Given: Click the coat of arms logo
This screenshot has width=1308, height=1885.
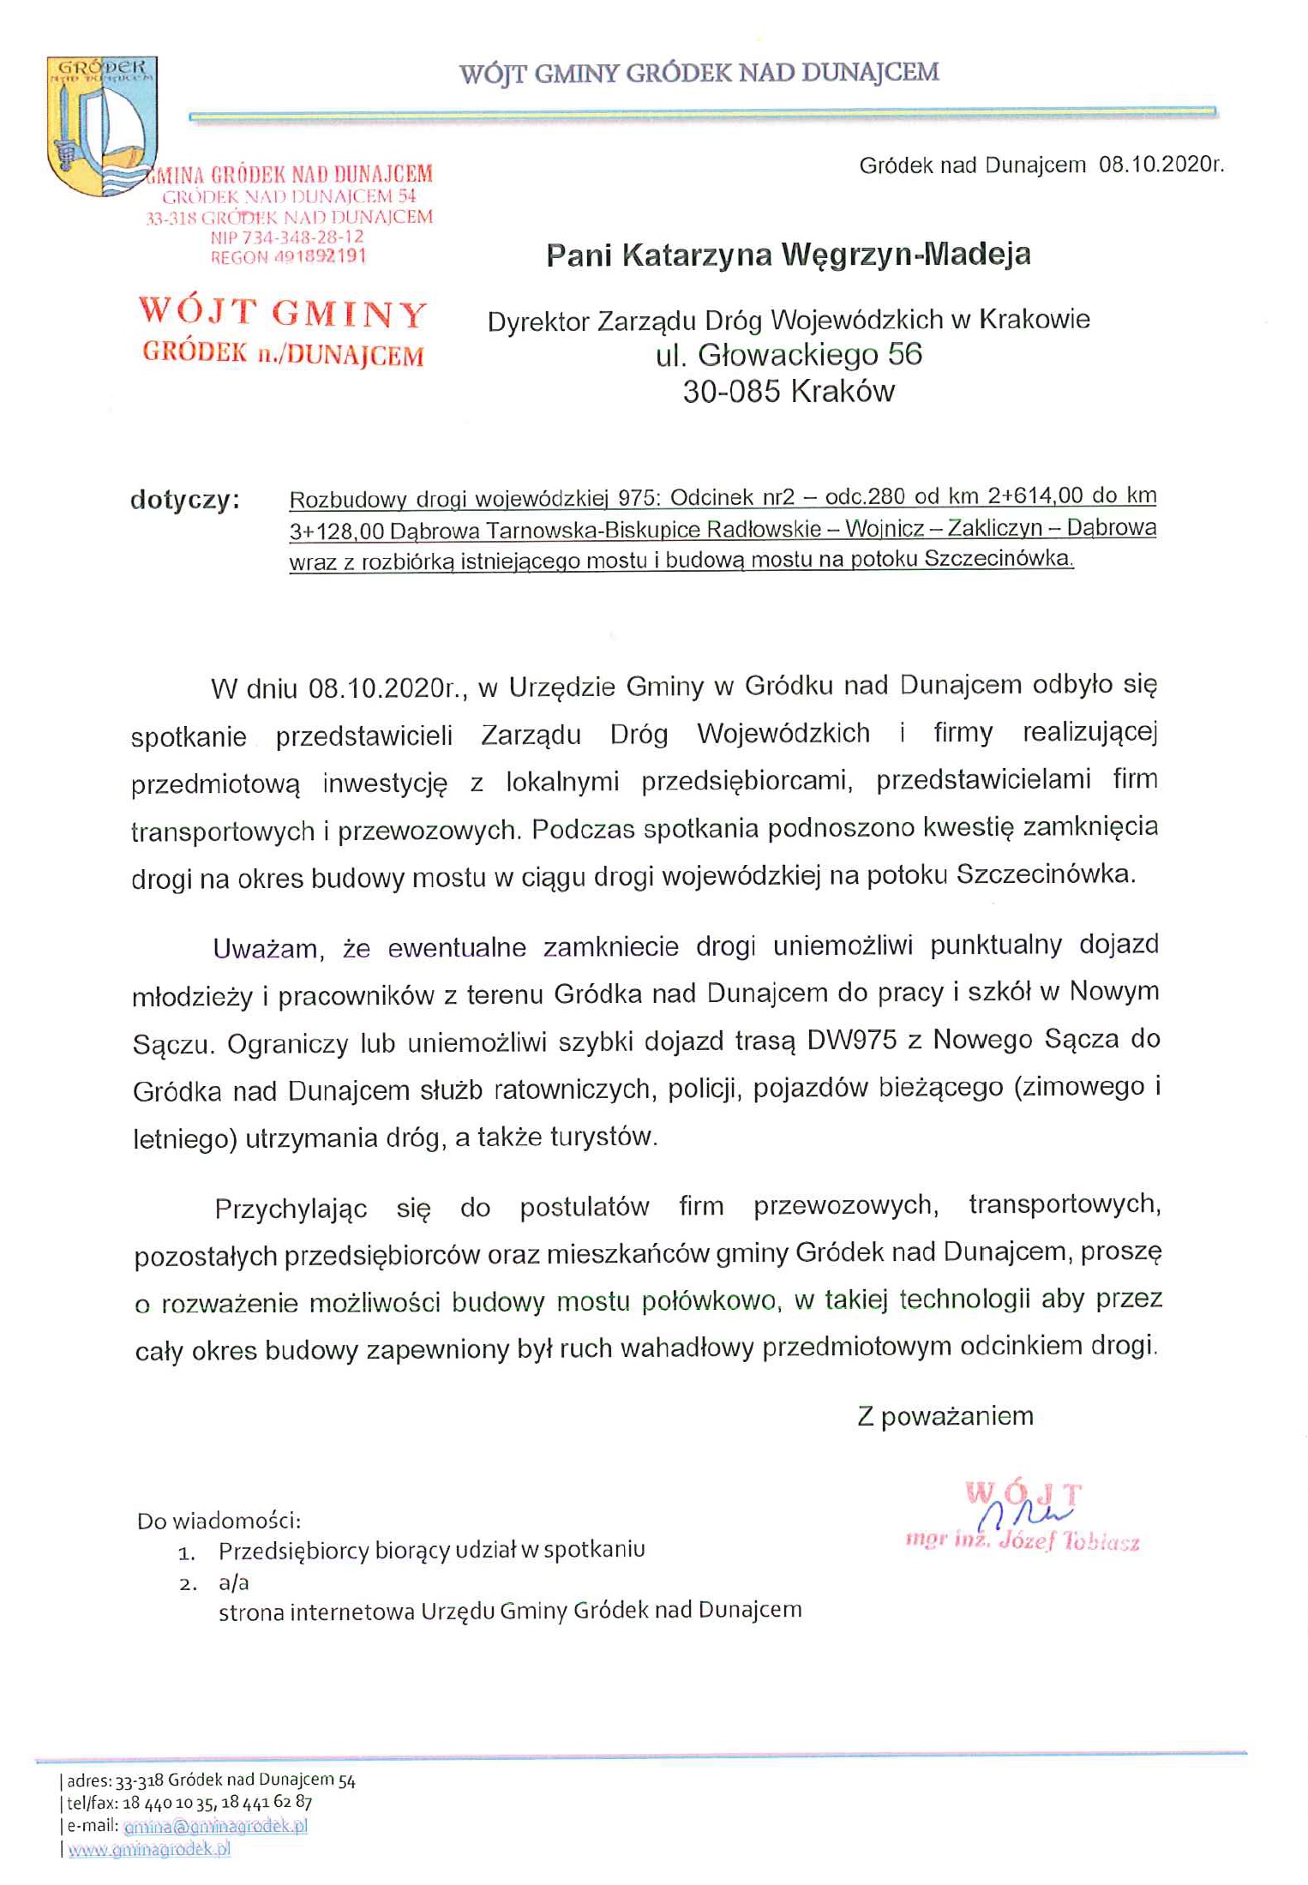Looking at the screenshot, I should point(101,125).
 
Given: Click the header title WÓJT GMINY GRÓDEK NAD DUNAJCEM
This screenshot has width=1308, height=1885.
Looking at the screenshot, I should point(699,73).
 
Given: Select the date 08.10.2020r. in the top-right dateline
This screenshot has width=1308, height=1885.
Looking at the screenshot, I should point(1161,165).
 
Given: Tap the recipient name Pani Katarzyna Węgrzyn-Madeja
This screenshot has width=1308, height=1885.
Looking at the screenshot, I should point(788,255).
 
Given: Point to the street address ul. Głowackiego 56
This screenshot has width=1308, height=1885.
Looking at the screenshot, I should point(788,354).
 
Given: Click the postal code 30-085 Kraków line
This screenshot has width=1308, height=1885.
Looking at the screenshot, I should point(788,392).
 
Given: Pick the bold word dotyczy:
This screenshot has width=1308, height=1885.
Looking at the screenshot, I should point(184,499).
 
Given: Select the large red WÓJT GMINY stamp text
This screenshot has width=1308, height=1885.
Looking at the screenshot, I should point(283,314).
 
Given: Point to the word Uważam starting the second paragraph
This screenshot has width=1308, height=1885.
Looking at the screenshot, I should point(266,948).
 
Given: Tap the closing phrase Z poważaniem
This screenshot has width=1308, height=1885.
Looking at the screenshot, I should point(945,1415).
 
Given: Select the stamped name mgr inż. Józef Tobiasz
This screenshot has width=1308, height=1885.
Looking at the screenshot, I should point(1022,1541).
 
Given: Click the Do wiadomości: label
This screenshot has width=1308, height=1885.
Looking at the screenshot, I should point(219,1522).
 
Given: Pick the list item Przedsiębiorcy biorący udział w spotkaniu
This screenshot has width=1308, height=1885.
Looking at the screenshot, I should point(431,1550).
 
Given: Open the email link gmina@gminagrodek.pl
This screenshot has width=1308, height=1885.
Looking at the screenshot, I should point(215,1825).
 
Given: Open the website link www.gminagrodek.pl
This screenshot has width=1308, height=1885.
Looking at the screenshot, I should point(149,1849).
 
